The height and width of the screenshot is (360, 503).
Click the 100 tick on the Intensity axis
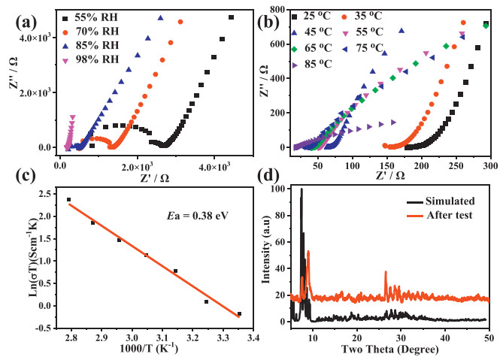pos(280,189)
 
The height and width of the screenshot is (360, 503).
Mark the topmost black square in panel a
pos(231,17)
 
